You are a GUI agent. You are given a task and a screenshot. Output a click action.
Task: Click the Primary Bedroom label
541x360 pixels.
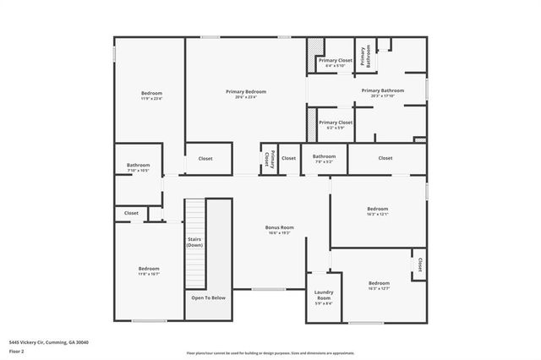(246, 91)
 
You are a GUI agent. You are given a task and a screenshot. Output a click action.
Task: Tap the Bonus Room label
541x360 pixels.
(279, 226)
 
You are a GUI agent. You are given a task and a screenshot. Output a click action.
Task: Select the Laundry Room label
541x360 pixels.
(324, 295)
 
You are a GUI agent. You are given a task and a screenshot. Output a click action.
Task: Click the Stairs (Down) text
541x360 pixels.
(195, 242)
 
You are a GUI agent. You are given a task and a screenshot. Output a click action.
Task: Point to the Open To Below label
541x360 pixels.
(208, 297)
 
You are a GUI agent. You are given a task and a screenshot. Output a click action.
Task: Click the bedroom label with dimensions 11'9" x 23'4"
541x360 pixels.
(151, 93)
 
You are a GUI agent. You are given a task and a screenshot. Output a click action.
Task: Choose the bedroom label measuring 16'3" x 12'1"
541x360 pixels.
(377, 209)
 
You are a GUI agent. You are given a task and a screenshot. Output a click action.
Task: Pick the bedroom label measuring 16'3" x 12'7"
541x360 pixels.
(379, 283)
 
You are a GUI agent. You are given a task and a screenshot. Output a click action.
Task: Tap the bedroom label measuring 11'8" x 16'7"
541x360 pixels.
(149, 268)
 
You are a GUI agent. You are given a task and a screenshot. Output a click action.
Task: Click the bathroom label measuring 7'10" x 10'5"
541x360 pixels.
(139, 165)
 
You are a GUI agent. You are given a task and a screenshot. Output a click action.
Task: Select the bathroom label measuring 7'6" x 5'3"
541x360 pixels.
(325, 155)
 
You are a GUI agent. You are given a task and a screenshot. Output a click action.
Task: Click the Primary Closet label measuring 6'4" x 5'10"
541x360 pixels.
(335, 61)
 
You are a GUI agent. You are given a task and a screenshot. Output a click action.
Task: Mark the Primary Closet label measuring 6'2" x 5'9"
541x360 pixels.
(336, 123)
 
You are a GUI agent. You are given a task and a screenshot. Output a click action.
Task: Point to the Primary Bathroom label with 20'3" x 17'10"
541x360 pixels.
(382, 90)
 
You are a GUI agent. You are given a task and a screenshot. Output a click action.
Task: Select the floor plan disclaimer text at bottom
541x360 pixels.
(270, 352)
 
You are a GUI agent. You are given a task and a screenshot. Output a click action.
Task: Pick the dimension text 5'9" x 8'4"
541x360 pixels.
(324, 303)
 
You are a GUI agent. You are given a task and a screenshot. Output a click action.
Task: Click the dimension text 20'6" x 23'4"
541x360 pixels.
(246, 96)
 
